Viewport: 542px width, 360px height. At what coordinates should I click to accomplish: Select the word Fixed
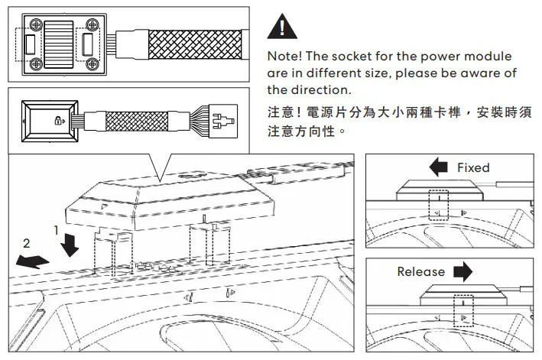[472, 167]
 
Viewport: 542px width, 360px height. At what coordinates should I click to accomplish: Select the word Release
[420, 272]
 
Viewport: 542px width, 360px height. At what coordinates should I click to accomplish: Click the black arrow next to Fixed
[438, 167]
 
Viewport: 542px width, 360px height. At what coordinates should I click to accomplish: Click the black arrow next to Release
[462, 272]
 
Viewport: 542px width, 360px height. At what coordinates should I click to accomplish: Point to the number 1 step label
[56, 229]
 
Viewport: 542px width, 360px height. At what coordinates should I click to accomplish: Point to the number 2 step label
[27, 245]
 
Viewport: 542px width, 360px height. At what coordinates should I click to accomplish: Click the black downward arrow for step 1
[70, 245]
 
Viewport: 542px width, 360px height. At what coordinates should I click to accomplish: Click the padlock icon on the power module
[59, 121]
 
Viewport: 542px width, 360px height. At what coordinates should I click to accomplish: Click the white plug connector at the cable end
[221, 120]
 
